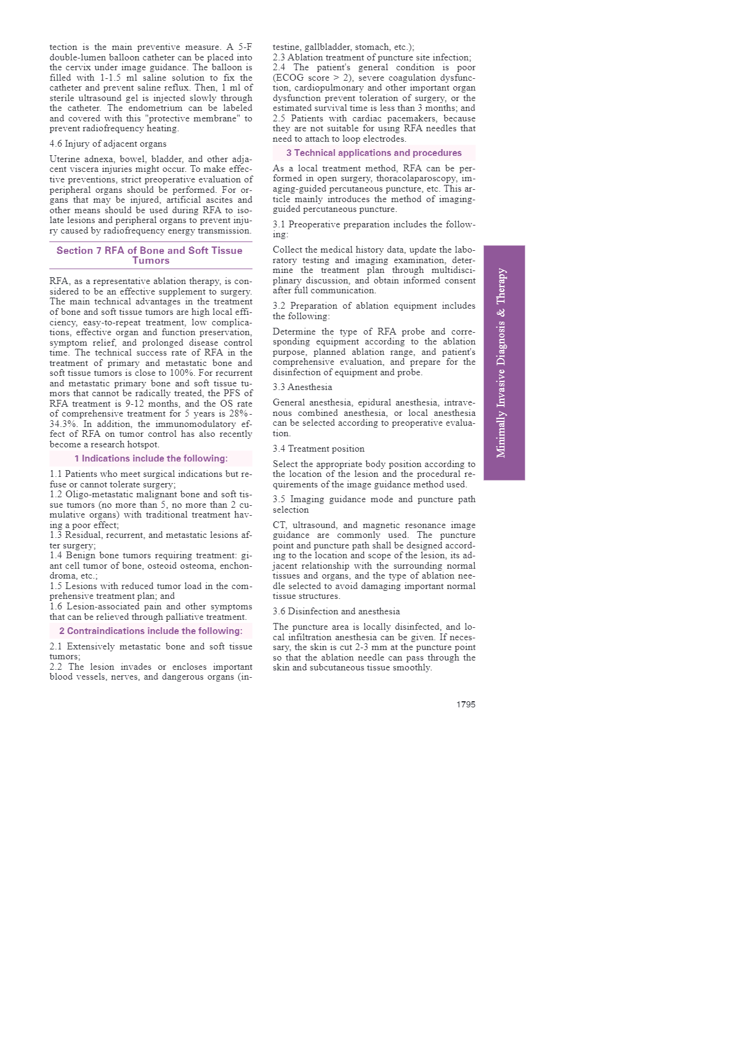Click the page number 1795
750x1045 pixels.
pyautogui.click(x=466, y=704)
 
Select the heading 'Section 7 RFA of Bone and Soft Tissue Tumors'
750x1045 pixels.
pyautogui.click(x=150, y=255)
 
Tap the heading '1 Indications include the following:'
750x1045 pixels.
pyautogui.click(x=151, y=458)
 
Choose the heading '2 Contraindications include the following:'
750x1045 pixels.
pyautogui.click(x=151, y=631)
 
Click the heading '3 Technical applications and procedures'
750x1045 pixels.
pyautogui.click(x=374, y=153)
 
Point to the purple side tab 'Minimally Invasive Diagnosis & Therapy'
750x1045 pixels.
pyautogui.click(x=504, y=362)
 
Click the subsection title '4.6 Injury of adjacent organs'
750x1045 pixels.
pyautogui.click(x=108, y=144)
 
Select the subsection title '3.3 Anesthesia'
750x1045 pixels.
pyautogui.click(x=302, y=387)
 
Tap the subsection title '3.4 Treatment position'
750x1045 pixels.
pyautogui.click(x=318, y=449)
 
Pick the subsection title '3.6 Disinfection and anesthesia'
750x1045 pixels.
pyautogui.click(x=336, y=611)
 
